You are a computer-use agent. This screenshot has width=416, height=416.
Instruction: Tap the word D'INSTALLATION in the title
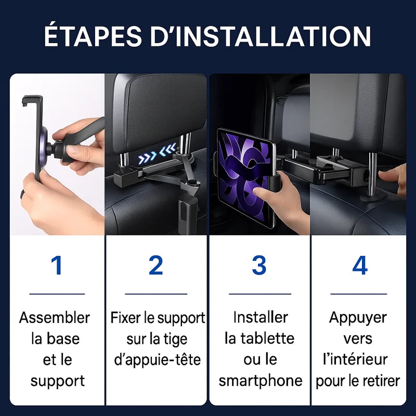pyautogui.click(x=261, y=36)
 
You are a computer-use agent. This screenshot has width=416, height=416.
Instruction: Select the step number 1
pyautogui.click(x=57, y=265)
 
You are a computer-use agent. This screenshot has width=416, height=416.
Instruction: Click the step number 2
pyautogui.click(x=156, y=265)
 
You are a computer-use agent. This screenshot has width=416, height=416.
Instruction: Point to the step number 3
pyautogui.click(x=259, y=265)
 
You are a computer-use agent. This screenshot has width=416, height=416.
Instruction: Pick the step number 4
pyautogui.click(x=360, y=265)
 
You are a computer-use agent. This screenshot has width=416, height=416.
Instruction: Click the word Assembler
pyautogui.click(x=55, y=318)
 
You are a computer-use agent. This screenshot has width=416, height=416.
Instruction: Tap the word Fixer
pyautogui.click(x=126, y=318)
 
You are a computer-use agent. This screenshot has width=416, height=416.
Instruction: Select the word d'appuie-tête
pyautogui.click(x=158, y=360)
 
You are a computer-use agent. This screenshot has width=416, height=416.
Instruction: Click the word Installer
pyautogui.click(x=261, y=317)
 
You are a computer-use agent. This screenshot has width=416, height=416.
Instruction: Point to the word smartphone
pyautogui.click(x=261, y=381)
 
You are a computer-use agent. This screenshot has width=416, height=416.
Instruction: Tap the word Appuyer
pyautogui.click(x=358, y=318)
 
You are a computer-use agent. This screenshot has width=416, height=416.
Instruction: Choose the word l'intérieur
pyautogui.click(x=355, y=360)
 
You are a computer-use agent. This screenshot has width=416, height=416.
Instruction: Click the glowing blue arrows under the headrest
pyautogui.click(x=157, y=154)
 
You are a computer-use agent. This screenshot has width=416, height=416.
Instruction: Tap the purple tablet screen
pyautogui.click(x=244, y=177)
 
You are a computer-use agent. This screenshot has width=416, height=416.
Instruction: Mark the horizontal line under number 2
pyautogui.click(x=156, y=294)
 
